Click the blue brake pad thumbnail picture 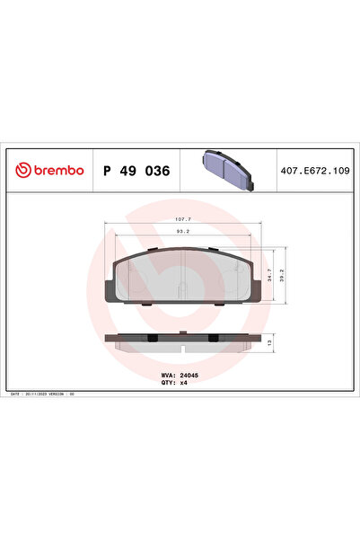[x=230, y=167]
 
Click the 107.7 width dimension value [x=183, y=218]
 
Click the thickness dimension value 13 [x=271, y=342]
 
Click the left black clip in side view [x=152, y=338]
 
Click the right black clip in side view [x=213, y=338]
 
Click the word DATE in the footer [x=15, y=394]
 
